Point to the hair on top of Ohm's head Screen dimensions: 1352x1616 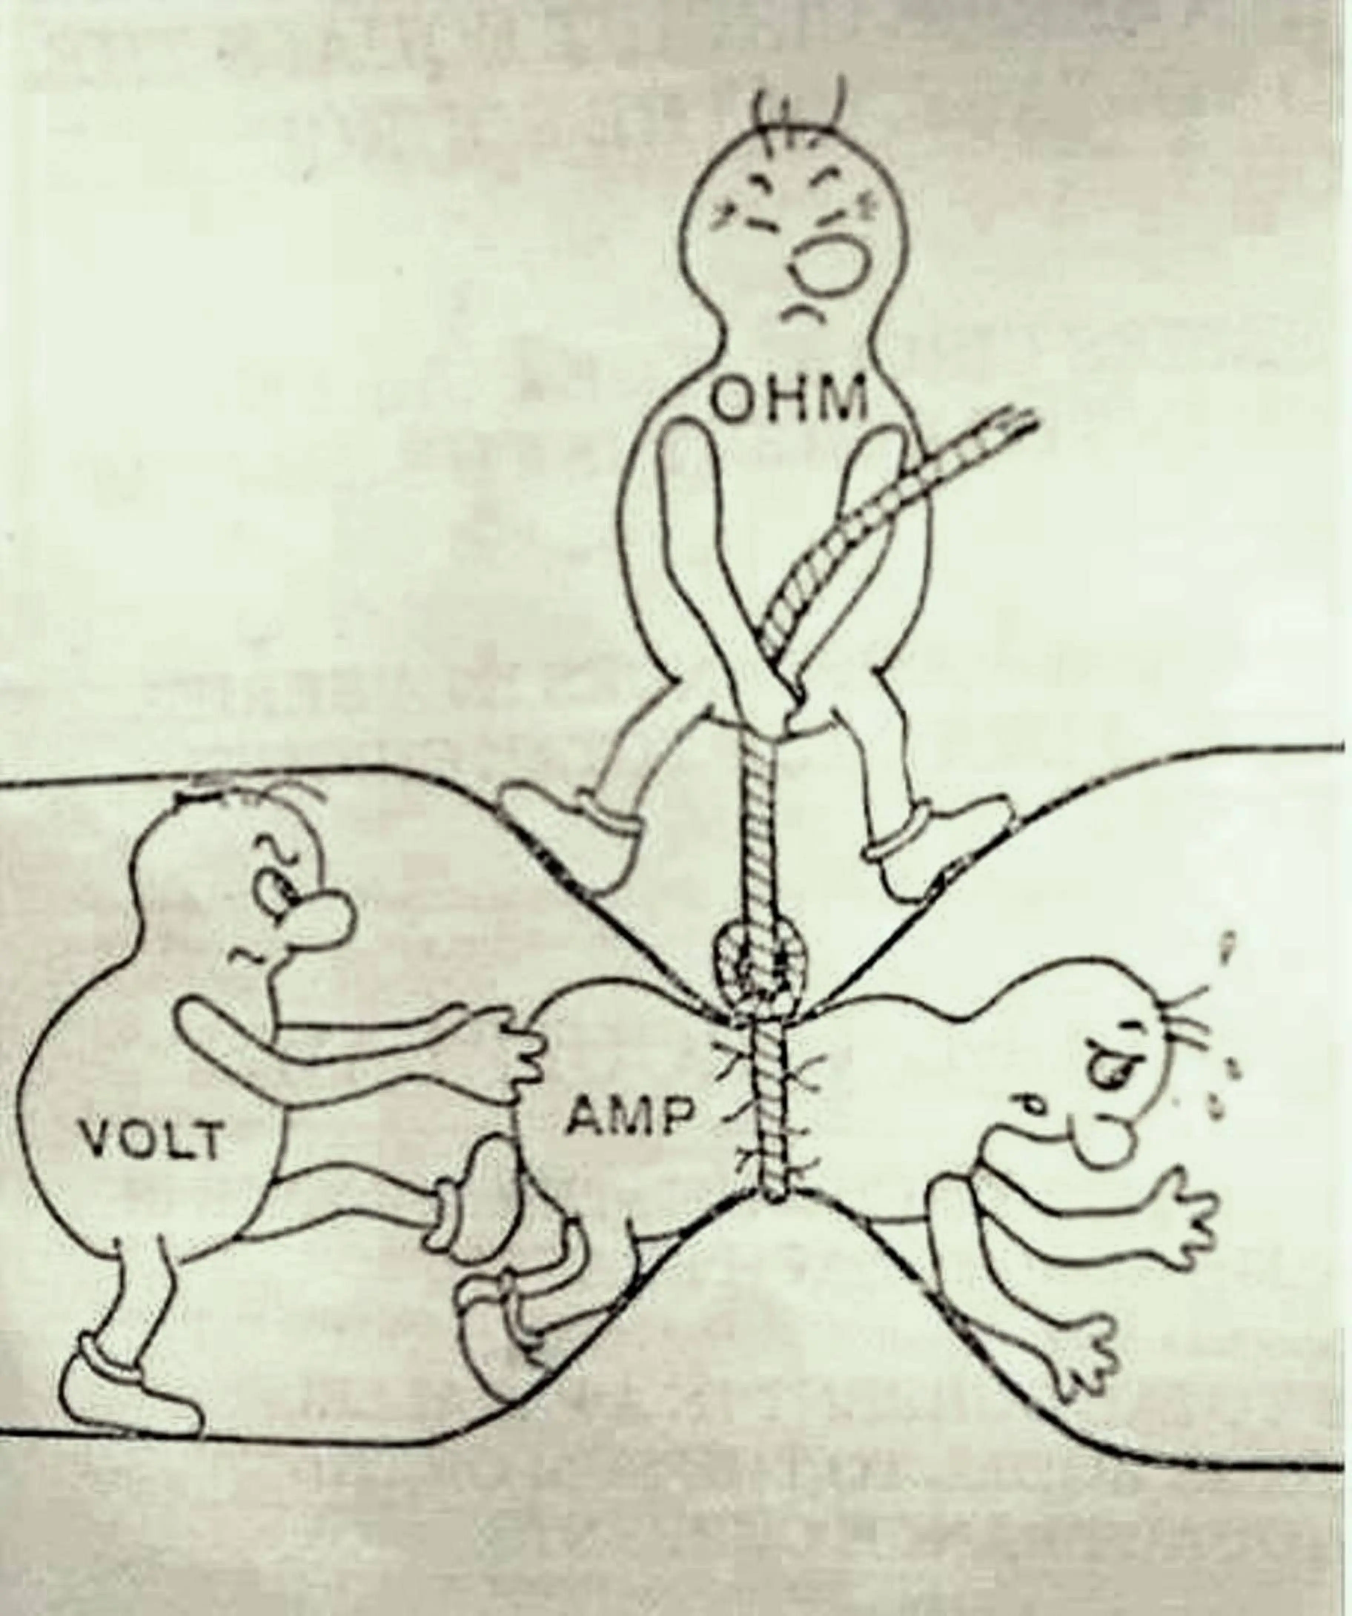(800, 115)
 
